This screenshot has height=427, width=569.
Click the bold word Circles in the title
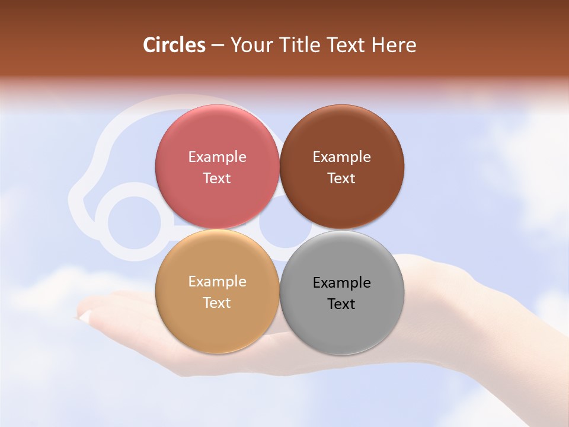[x=174, y=45]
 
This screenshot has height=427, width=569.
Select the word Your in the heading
[x=250, y=45]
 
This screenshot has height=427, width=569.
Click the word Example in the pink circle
[x=217, y=157]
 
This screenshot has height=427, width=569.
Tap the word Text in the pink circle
[x=217, y=179]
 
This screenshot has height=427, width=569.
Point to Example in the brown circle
[x=341, y=157]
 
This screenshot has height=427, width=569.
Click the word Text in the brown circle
[x=341, y=179]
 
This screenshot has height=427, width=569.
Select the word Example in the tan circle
[x=217, y=282]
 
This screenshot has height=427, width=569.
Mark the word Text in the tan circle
[x=217, y=303]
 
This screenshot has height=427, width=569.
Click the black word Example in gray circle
[x=341, y=283]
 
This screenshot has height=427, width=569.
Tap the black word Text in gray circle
[x=341, y=304]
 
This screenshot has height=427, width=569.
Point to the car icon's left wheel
[x=134, y=222]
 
